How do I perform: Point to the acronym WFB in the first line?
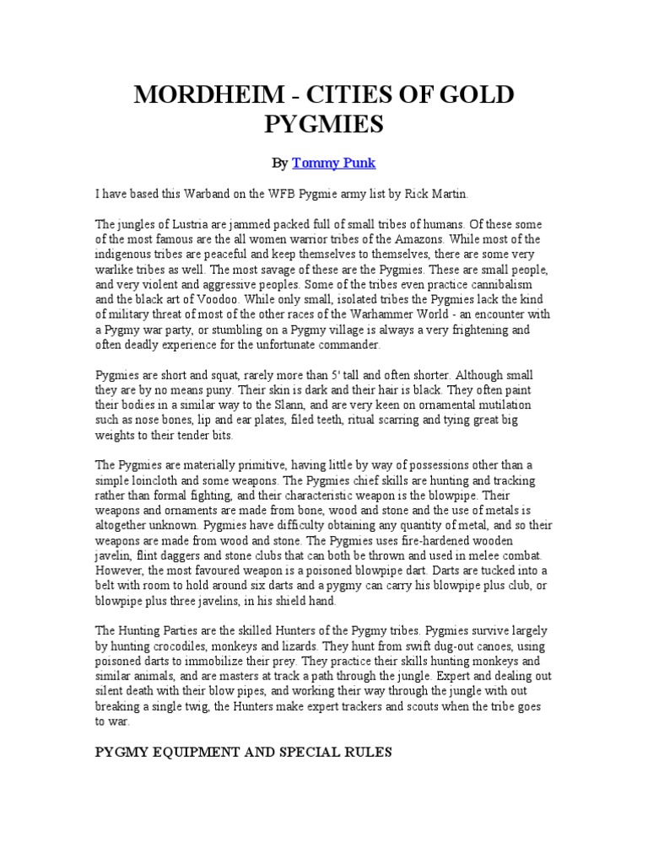[x=257, y=194]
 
